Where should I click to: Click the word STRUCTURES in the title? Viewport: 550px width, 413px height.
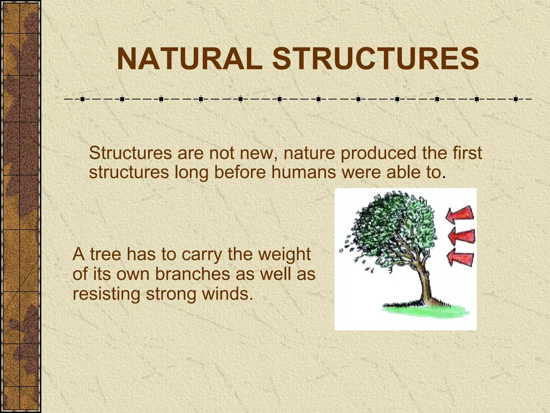tap(376, 59)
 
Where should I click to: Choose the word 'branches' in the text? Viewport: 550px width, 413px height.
tap(193, 274)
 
